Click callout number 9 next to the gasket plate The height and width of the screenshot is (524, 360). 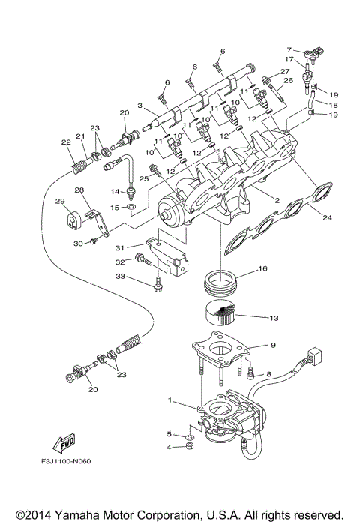click(253, 345)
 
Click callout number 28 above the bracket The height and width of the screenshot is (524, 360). click(78, 190)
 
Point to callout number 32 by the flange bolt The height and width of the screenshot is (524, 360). click(120, 262)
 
